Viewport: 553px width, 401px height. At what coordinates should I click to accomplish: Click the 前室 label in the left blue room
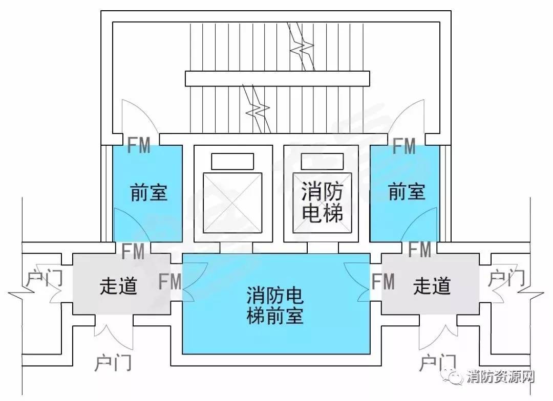click(149, 192)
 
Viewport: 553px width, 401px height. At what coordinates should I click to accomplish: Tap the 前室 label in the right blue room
click(407, 191)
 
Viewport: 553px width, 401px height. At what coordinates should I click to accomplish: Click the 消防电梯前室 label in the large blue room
click(275, 305)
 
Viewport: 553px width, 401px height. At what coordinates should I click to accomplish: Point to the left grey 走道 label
click(118, 285)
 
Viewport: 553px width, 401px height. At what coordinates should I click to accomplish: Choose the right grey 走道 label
click(432, 285)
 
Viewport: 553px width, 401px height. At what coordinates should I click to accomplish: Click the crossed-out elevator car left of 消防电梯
click(232, 203)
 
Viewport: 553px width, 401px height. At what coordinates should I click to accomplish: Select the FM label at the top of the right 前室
click(404, 146)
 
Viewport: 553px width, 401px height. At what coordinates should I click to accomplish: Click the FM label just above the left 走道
click(133, 251)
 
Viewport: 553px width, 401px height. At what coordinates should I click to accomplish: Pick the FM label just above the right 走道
click(420, 249)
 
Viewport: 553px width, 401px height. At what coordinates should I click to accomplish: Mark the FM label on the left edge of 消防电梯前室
click(170, 281)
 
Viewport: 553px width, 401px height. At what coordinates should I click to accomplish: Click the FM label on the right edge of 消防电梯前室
click(383, 281)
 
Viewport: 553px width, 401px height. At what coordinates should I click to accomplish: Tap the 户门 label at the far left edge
click(45, 278)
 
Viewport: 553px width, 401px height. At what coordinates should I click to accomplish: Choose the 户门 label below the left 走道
click(113, 363)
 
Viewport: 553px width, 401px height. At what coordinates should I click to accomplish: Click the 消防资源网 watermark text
click(501, 376)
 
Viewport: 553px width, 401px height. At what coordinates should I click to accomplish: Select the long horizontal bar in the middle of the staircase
click(278, 79)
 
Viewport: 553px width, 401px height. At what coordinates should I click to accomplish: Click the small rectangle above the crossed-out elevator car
click(232, 162)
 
